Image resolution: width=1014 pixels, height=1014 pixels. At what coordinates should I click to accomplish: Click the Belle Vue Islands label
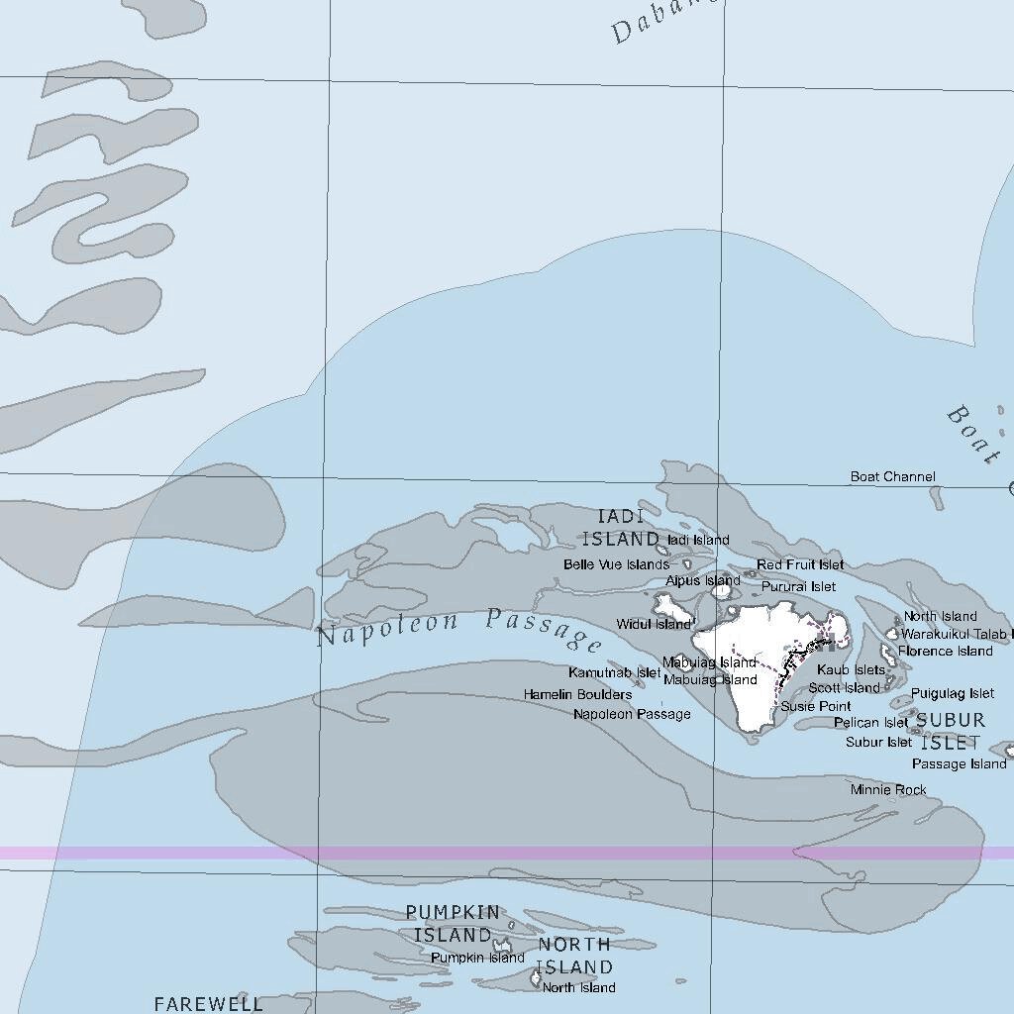[616, 564]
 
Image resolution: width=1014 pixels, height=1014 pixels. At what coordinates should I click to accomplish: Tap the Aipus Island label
[702, 580]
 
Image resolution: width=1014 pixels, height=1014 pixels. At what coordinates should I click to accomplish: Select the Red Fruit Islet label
[800, 564]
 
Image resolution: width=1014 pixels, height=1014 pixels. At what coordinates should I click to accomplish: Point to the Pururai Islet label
[798, 586]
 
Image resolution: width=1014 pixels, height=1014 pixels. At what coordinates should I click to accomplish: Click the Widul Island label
[654, 624]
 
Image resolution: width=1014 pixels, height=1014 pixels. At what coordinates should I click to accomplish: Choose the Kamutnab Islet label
[614, 672]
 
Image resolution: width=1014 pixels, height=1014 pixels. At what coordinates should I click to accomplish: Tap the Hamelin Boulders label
[577, 694]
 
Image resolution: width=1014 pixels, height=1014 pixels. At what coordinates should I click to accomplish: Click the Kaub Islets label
[851, 670]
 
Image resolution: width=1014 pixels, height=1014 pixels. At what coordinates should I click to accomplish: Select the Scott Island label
[844, 687]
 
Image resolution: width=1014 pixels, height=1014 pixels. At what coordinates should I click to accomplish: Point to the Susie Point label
[815, 706]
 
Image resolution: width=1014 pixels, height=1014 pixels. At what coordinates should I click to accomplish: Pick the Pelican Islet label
[870, 723]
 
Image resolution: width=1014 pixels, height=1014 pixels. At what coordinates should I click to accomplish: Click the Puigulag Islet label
[953, 693]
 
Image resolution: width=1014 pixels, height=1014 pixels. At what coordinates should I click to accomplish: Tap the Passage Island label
[959, 763]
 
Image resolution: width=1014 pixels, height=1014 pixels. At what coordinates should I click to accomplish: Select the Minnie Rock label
[888, 789]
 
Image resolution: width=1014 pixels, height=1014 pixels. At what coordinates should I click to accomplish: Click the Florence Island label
[945, 651]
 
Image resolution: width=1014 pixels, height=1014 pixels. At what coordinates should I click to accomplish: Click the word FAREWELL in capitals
[209, 1003]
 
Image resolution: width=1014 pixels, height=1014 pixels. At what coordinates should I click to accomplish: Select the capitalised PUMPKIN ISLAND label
[453, 923]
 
